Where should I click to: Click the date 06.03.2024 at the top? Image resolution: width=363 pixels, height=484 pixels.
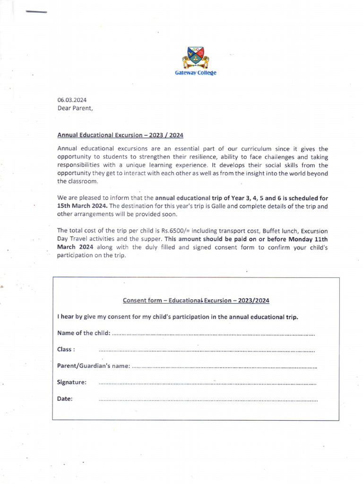point(72,100)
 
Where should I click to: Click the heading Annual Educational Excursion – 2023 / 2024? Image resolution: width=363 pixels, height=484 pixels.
point(120,135)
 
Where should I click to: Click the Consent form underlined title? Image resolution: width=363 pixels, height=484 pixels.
point(196,300)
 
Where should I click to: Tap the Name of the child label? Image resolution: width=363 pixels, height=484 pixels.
point(84,333)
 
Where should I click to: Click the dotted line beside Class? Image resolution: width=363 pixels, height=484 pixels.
point(207,351)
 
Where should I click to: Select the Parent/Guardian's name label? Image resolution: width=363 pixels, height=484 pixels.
point(93,366)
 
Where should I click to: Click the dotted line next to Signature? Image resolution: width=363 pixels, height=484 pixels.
point(207,383)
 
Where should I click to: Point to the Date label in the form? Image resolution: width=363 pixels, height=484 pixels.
point(65,398)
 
